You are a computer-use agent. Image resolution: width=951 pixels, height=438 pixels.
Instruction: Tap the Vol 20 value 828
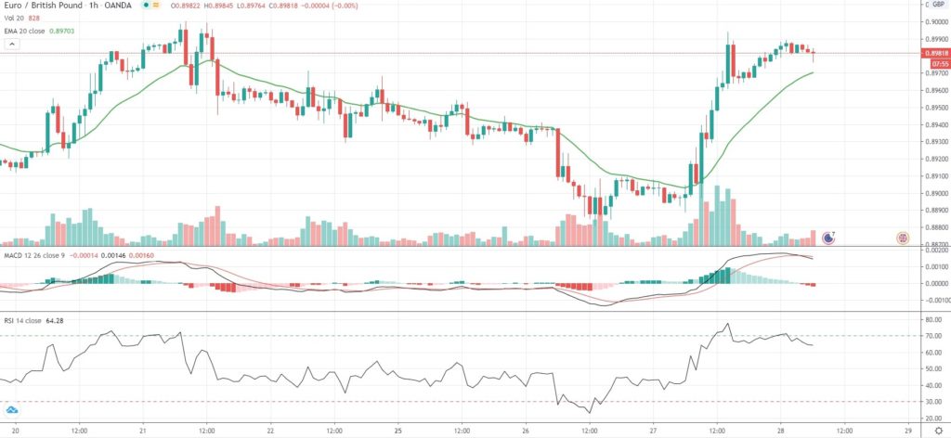click(33, 18)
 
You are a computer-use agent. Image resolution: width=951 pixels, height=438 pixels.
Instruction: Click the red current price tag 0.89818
click(935, 53)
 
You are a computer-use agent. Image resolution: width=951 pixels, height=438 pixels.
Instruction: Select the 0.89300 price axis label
click(935, 142)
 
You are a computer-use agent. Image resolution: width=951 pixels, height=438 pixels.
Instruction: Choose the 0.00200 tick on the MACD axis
click(935, 251)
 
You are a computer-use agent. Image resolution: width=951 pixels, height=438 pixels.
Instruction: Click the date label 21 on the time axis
click(143, 431)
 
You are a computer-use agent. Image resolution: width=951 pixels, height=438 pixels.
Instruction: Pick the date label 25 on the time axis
click(397, 431)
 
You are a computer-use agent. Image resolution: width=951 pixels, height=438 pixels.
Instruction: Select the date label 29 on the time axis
click(906, 431)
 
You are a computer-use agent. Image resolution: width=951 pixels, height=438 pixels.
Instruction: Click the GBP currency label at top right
click(938, 6)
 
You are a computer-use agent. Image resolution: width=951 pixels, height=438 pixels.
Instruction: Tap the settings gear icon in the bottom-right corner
click(937, 431)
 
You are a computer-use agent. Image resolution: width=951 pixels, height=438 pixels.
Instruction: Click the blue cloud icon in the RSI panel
click(13, 410)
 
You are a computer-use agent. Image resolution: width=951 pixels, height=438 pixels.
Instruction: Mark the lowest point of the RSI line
click(589, 413)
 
